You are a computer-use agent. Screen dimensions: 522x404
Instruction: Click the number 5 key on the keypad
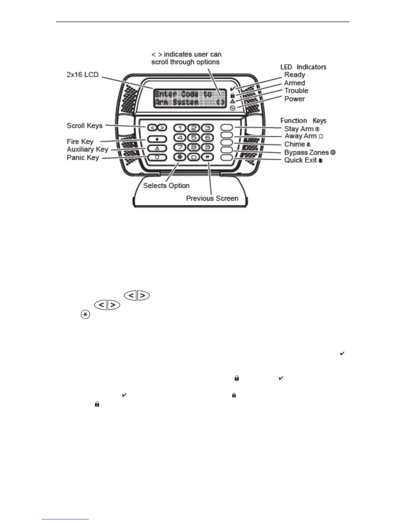(194, 138)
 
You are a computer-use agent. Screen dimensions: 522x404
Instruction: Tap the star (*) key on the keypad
(180, 157)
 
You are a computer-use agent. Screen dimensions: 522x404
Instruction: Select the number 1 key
(180, 128)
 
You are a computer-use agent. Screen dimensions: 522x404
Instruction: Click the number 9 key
(207, 147)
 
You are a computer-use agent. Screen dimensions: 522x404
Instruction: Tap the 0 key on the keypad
(194, 157)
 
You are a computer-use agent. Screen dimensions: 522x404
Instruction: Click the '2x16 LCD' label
(83, 74)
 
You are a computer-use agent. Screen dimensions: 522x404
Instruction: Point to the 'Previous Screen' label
(212, 198)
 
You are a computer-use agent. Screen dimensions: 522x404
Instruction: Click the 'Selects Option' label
(166, 186)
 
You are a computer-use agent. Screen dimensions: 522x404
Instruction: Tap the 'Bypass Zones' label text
(307, 152)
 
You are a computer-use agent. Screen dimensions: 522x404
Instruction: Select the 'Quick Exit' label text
(300, 160)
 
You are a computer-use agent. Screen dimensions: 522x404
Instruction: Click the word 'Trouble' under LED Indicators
(296, 91)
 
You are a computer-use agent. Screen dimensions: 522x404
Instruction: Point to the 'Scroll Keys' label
(84, 126)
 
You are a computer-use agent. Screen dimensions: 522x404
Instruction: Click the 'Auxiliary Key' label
(87, 149)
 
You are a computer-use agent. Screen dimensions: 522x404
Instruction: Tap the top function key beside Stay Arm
(227, 128)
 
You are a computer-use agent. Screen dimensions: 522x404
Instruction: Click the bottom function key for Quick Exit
(227, 157)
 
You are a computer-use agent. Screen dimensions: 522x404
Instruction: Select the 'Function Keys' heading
(303, 121)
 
